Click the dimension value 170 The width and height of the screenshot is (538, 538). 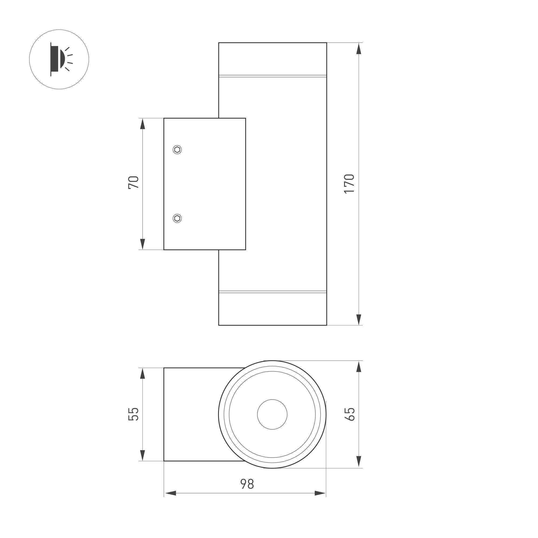click(x=349, y=184)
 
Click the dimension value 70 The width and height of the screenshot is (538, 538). click(x=133, y=183)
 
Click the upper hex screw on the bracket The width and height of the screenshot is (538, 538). click(x=177, y=150)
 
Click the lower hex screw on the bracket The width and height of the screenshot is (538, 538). click(x=177, y=218)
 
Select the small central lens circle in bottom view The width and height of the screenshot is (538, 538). click(x=272, y=414)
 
